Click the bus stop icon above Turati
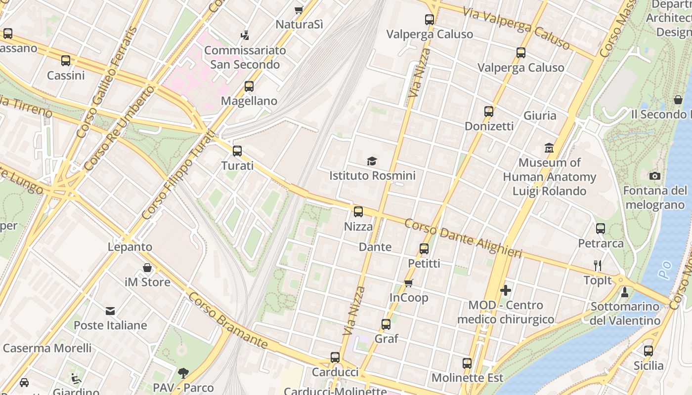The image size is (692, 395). [237, 151]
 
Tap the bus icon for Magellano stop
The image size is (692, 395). [249, 86]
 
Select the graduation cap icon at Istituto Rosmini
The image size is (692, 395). [372, 161]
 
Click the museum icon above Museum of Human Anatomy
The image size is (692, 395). [549, 148]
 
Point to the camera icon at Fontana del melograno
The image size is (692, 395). [655, 176]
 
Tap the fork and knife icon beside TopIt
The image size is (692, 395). [598, 266]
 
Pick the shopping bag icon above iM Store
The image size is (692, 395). [147, 268]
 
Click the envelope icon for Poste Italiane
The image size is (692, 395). [110, 311]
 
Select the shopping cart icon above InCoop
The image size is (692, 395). [409, 283]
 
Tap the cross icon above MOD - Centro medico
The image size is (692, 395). [505, 290]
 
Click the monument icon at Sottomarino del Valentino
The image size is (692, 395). [625, 292]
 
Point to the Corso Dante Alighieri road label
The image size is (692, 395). [463, 238]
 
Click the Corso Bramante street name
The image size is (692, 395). [228, 320]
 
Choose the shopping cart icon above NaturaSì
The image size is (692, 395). [299, 10]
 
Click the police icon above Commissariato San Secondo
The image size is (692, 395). [245, 35]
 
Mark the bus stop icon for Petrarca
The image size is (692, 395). [601, 229]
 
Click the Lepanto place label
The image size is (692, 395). [130, 247]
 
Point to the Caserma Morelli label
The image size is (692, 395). [47, 348]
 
